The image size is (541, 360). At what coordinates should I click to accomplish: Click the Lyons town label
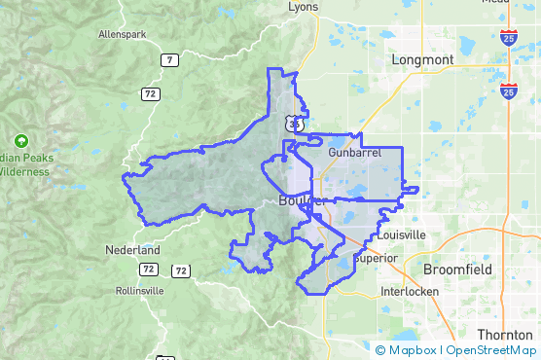pyautogui.click(x=304, y=6)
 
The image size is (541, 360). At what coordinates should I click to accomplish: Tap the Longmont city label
pyautogui.click(x=422, y=59)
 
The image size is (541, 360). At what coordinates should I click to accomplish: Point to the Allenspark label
pyautogui.click(x=123, y=34)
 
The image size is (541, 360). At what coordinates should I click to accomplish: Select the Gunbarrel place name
pyautogui.click(x=350, y=153)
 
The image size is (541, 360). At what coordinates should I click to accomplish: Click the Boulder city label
pyautogui.click(x=301, y=200)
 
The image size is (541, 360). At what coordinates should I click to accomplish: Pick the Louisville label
pyautogui.click(x=399, y=234)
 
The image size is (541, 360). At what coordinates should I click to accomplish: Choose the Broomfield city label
pyautogui.click(x=458, y=269)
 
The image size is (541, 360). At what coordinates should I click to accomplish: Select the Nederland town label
pyautogui.click(x=130, y=250)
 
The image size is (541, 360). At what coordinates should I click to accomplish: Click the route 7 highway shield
pyautogui.click(x=170, y=60)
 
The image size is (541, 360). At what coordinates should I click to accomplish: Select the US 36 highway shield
pyautogui.click(x=293, y=124)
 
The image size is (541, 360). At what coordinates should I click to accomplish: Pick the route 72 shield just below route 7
pyautogui.click(x=150, y=93)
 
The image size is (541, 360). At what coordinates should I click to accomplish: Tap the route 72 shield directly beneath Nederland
pyautogui.click(x=148, y=269)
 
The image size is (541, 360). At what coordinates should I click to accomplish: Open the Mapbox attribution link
pyautogui.click(x=413, y=350)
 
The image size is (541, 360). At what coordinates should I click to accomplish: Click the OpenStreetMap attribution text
pyautogui.click(x=491, y=350)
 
